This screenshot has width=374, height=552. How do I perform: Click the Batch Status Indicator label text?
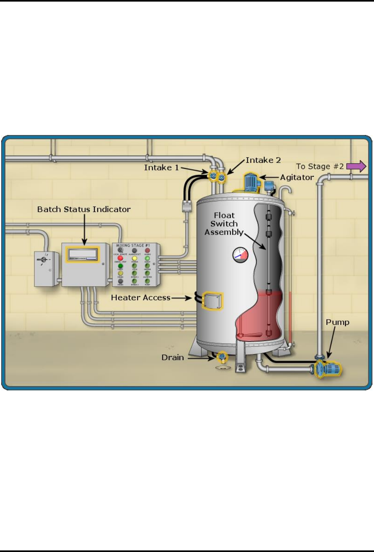[x=84, y=209]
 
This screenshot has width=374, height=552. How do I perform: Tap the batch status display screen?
[x=82, y=254]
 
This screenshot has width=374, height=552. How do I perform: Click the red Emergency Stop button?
[x=120, y=258]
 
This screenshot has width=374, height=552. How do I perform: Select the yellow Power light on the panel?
[x=134, y=259]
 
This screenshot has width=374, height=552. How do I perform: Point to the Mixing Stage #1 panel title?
[x=133, y=245]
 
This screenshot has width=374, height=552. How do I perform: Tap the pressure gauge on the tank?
[x=240, y=255]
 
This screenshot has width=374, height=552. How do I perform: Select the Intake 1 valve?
[x=213, y=176]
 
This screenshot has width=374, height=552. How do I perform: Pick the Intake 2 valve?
[x=221, y=178]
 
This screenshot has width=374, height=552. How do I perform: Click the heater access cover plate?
[x=212, y=301]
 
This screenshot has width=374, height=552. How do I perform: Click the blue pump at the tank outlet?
[x=328, y=369]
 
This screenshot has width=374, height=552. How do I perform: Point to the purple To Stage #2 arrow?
[x=356, y=166]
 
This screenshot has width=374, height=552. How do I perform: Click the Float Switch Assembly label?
[x=224, y=224]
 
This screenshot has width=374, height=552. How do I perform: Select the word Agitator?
[x=297, y=178]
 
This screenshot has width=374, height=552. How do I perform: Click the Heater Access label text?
[x=141, y=297]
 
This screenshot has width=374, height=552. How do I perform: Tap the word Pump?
[x=337, y=322]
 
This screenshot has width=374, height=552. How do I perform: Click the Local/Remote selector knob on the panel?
[x=120, y=251]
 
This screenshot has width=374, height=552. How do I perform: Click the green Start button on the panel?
[x=120, y=266]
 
